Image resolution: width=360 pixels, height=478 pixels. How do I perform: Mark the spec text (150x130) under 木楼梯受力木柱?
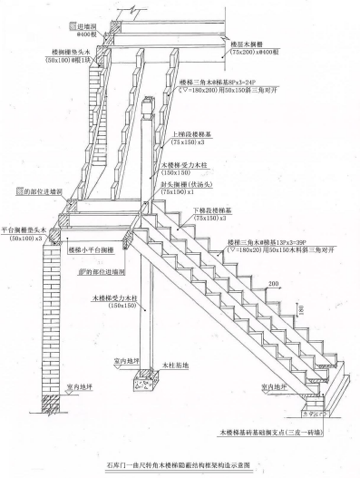(x=178, y=172)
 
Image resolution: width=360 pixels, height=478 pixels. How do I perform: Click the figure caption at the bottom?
(x=181, y=464)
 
